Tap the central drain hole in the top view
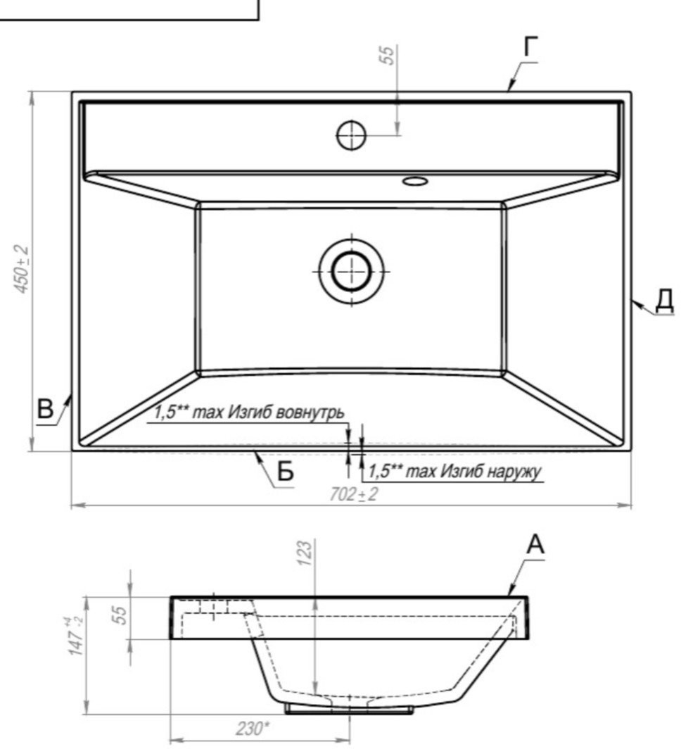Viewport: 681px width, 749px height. point(352,271)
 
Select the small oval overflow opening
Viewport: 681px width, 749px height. point(414,180)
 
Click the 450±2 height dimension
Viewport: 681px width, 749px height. point(22,270)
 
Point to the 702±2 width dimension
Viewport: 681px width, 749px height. point(353,494)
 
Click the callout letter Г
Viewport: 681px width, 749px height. point(530,46)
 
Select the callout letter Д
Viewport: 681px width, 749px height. point(664,301)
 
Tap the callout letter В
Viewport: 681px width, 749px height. point(45,410)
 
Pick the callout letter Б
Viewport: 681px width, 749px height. point(286,472)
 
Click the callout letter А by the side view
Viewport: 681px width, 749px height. point(535,545)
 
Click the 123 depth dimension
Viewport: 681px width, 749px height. point(305,553)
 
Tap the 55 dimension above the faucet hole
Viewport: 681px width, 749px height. point(388,55)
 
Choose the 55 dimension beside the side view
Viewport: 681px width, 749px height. point(120,615)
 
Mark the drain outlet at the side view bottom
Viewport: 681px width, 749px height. point(350,710)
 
